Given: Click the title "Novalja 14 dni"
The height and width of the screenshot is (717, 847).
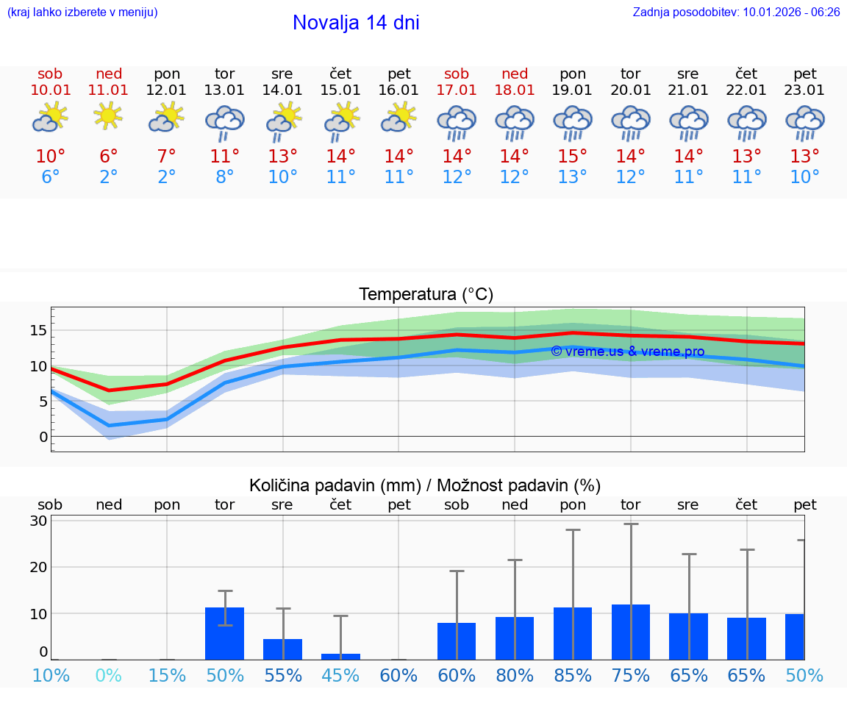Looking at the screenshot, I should [x=356, y=23].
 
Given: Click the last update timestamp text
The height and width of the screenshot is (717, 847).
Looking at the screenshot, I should [x=736, y=12].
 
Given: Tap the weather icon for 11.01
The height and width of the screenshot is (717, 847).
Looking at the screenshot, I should [x=109, y=115].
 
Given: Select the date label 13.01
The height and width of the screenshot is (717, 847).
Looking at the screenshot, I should [x=224, y=90].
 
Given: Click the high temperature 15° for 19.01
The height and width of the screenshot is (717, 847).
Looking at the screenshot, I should [x=572, y=157].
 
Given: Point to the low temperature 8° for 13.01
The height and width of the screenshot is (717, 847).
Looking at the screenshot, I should [x=224, y=177].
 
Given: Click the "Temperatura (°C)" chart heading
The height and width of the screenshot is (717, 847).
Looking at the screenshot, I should [x=426, y=295].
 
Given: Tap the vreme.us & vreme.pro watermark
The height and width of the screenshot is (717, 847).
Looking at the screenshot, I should [x=627, y=352].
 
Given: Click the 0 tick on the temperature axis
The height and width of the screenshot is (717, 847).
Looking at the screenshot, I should [x=43, y=437].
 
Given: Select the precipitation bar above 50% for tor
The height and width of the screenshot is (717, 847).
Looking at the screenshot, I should [x=224, y=633].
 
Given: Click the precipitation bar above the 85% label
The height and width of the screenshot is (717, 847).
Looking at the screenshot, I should [x=572, y=633].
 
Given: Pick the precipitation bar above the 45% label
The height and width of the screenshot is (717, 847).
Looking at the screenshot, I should [x=340, y=656].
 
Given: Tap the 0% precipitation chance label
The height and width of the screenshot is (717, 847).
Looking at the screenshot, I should [x=109, y=675].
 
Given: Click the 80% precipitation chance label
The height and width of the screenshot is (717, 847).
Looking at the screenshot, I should [x=514, y=675].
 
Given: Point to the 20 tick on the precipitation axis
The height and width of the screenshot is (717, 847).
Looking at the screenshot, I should [x=39, y=567].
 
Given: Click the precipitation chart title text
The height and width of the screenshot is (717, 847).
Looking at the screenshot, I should [x=425, y=485].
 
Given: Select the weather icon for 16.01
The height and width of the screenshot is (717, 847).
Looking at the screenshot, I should [x=399, y=117].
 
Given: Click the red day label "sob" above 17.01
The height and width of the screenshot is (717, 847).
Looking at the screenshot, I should [x=456, y=74].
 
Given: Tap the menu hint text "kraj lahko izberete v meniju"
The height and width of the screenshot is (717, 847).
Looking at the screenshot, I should [x=82, y=12].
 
